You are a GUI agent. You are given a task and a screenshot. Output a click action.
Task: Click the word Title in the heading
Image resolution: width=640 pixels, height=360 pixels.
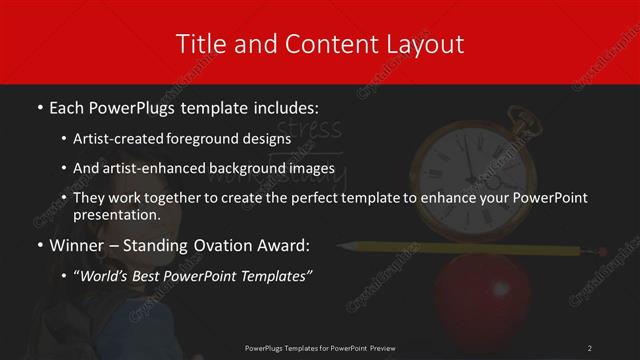coord(198,44)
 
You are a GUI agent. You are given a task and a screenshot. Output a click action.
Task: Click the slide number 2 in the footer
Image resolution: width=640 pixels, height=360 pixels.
coord(590,347)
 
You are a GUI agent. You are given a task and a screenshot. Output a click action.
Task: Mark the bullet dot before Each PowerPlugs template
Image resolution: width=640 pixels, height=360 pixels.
coord(38,106)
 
